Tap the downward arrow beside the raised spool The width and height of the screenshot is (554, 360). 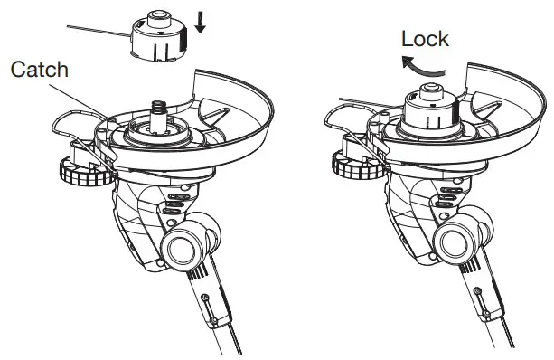point(200,23)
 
